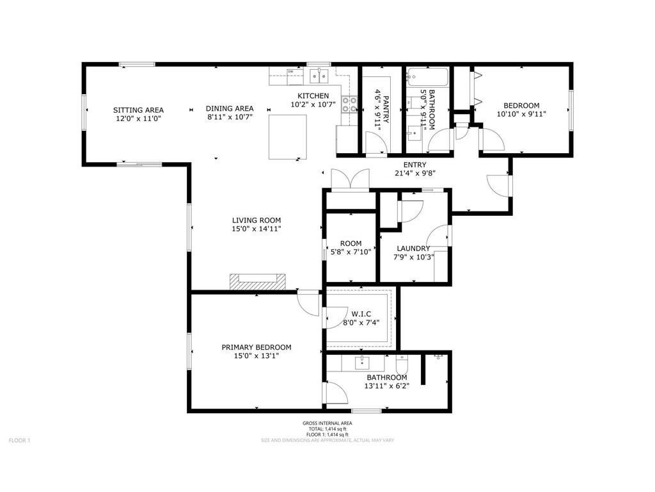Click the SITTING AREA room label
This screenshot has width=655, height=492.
tap(138, 110)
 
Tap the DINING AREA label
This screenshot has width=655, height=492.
tap(230, 109)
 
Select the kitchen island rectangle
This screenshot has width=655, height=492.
tap(287, 137)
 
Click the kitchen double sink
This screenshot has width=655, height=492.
tap(319, 76)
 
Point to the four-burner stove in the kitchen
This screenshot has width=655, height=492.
tap(350, 104)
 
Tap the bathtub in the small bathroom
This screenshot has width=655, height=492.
tap(428, 77)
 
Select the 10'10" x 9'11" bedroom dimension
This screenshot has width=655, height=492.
tap(521, 114)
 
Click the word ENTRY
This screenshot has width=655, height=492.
tap(414, 165)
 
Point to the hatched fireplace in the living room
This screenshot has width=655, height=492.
tap(258, 282)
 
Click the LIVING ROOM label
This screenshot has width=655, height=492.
tap(256, 220)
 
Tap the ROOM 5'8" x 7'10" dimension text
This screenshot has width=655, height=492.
tap(351, 252)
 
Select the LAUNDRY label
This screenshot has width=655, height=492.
tap(413, 249)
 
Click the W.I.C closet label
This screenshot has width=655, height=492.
tap(361, 314)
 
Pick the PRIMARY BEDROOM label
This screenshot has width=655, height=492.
tap(256, 347)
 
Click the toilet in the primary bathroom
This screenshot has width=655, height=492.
tap(402, 365)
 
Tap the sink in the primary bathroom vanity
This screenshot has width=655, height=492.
tap(361, 363)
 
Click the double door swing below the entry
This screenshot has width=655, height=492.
tap(350, 180)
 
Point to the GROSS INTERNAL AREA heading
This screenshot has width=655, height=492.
tap(327, 423)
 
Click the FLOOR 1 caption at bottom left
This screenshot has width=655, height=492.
tap(20, 440)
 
